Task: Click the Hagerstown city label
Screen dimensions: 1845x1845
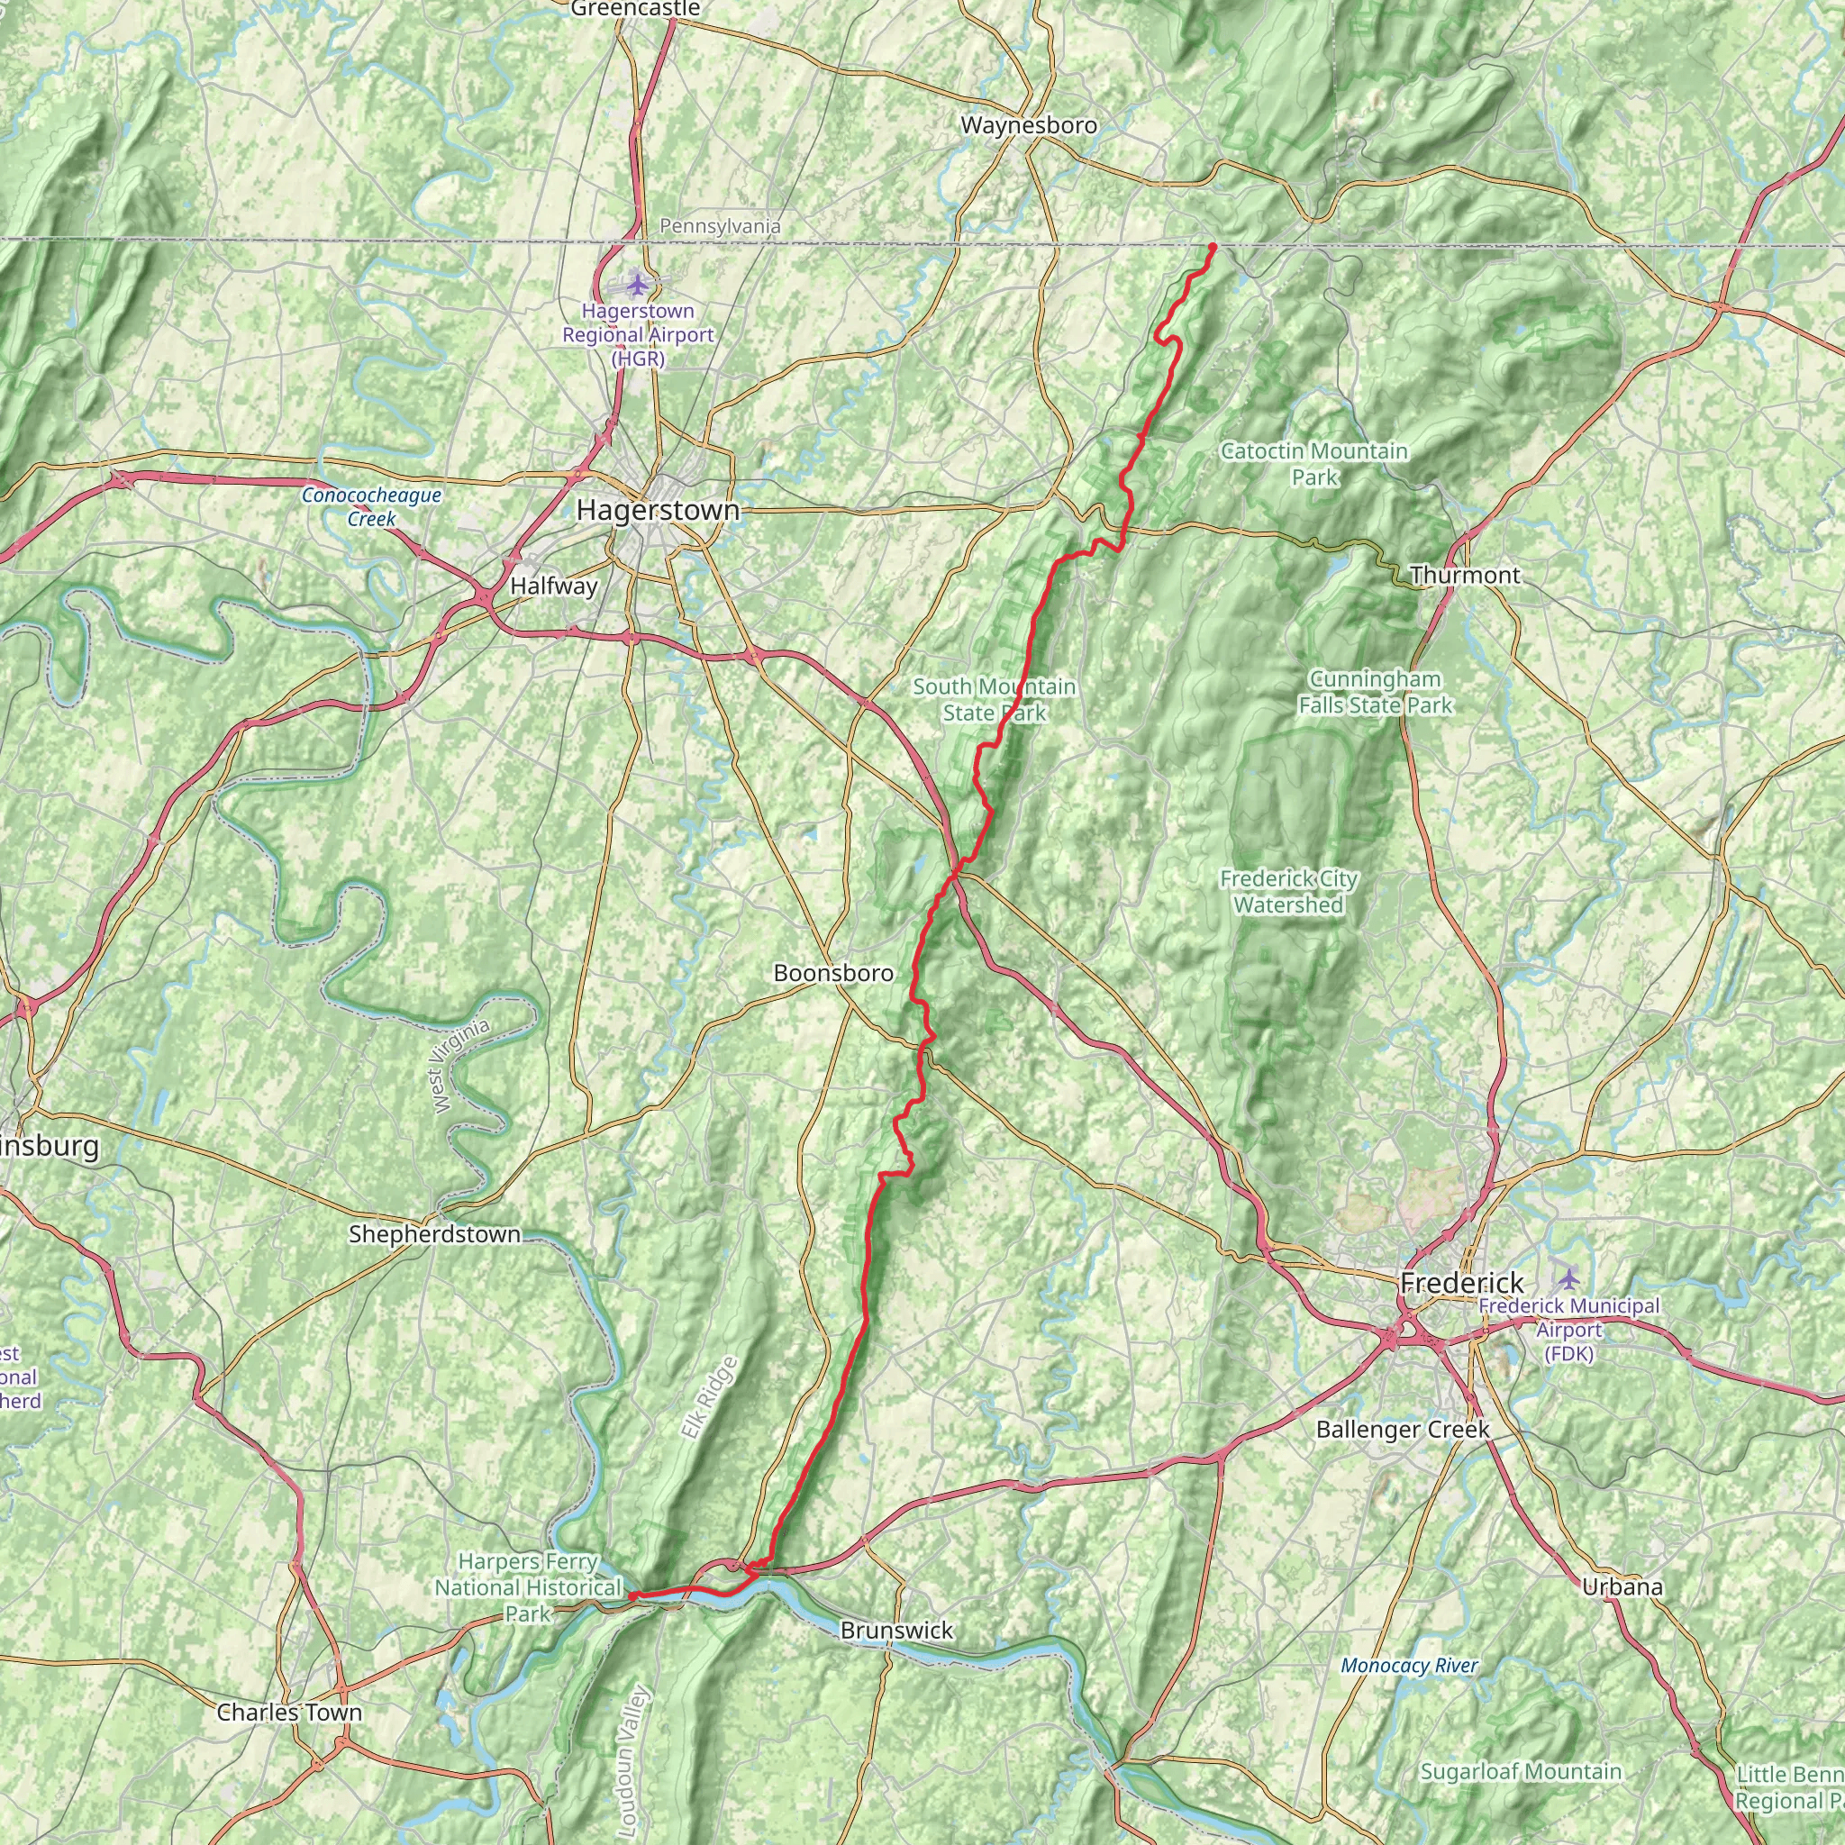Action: point(657,510)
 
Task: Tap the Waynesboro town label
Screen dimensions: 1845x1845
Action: point(1029,125)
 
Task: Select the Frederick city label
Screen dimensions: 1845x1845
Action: point(1461,1283)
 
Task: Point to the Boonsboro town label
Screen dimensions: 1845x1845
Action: point(832,973)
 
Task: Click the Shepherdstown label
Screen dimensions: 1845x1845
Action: point(434,1234)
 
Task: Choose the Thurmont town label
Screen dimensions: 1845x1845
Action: point(1464,575)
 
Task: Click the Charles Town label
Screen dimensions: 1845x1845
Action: point(289,1713)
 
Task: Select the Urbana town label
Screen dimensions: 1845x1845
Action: point(1622,1587)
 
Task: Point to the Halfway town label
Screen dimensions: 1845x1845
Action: point(554,586)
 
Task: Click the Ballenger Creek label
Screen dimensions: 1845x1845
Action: point(1402,1430)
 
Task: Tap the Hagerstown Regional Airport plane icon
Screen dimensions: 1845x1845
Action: point(637,285)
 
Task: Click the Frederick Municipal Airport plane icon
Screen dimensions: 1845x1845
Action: point(1568,1277)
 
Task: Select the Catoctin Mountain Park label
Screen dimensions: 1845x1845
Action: point(1314,463)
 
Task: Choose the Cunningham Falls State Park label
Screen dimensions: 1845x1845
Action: point(1374,693)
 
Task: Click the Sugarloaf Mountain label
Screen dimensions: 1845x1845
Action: point(1521,1745)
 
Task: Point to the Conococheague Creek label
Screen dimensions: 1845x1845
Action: point(371,507)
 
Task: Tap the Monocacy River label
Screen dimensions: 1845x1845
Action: point(1409,1666)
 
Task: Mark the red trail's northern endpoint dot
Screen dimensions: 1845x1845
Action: point(1212,248)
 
